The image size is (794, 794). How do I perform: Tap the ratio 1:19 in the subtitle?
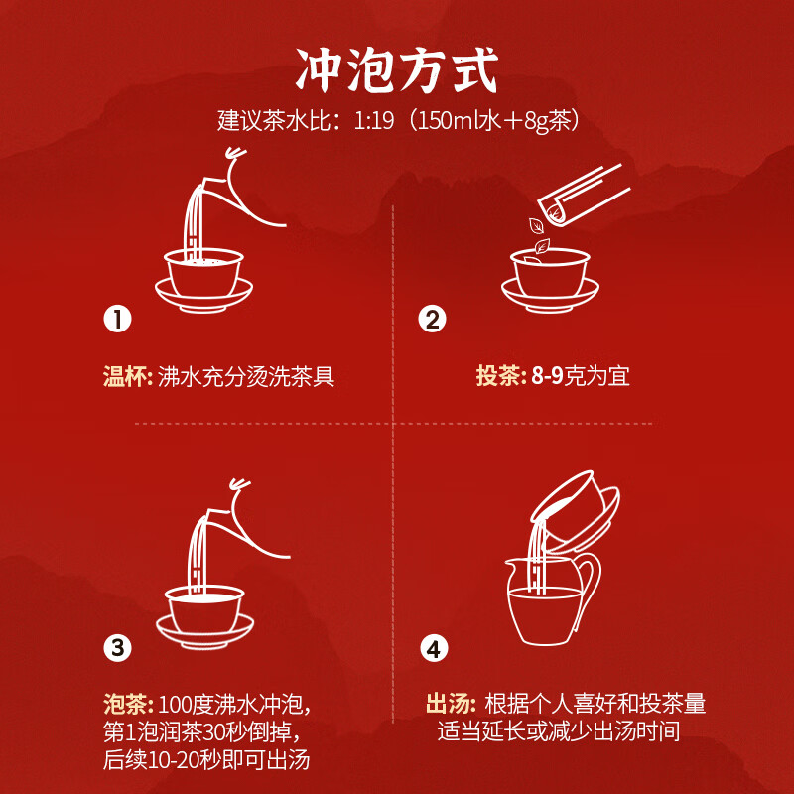[x=368, y=121]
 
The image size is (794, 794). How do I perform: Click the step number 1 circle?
[x=118, y=320]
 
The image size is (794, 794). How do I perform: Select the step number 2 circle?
[x=432, y=320]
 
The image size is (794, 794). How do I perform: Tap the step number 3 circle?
[x=118, y=649]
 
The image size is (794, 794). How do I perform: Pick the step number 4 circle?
[x=432, y=649]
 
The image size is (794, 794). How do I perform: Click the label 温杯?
[x=127, y=377]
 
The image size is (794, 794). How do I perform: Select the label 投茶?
[x=499, y=377]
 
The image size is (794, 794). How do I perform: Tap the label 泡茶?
[x=127, y=706]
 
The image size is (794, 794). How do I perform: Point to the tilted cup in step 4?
[x=576, y=506]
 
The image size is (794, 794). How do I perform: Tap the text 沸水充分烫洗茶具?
[x=246, y=377]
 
